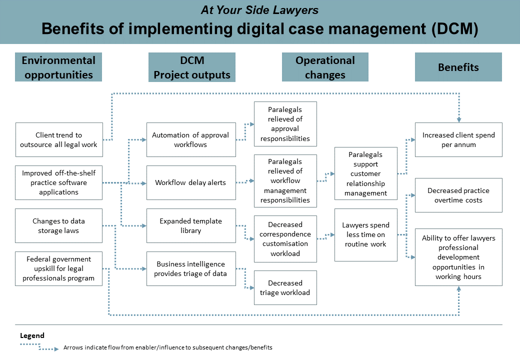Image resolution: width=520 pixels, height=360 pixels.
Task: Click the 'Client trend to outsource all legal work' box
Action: pos(59,139)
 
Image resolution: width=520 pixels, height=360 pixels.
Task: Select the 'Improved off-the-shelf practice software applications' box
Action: pos(58,182)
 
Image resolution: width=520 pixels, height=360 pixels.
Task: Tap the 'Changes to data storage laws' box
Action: pos(58,225)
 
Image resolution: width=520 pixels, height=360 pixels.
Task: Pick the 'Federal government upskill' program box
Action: pos(58,268)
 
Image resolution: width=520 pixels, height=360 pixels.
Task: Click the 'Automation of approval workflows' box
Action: pos(191,139)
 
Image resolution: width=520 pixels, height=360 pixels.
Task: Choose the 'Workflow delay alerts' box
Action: pos(191,182)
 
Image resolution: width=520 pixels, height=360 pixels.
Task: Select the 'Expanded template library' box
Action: pos(191,225)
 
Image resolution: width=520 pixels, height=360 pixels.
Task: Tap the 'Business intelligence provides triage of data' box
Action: pos(191,268)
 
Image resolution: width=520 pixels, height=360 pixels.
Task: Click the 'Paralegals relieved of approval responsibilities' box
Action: pos(285,124)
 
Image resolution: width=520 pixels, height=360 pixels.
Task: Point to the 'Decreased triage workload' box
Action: pos(285,287)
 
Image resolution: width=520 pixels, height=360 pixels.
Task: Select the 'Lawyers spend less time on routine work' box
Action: pos(366,234)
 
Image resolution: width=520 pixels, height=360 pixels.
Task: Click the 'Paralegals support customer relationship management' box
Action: pos(366,173)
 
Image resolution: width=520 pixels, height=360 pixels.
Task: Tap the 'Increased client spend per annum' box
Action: pos(458,139)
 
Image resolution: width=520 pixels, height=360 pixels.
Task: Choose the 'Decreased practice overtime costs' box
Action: pos(458,195)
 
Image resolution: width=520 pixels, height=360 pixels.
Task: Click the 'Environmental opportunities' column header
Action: pos(58,67)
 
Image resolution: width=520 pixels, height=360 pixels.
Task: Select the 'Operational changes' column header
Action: pos(325,67)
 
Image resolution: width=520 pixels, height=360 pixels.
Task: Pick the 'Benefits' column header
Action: pos(458,67)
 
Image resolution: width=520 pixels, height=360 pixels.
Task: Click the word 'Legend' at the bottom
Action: pos(32,335)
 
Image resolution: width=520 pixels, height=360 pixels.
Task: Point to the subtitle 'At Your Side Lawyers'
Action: pos(259,10)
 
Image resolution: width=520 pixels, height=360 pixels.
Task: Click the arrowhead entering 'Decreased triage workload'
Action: pos(252,287)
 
